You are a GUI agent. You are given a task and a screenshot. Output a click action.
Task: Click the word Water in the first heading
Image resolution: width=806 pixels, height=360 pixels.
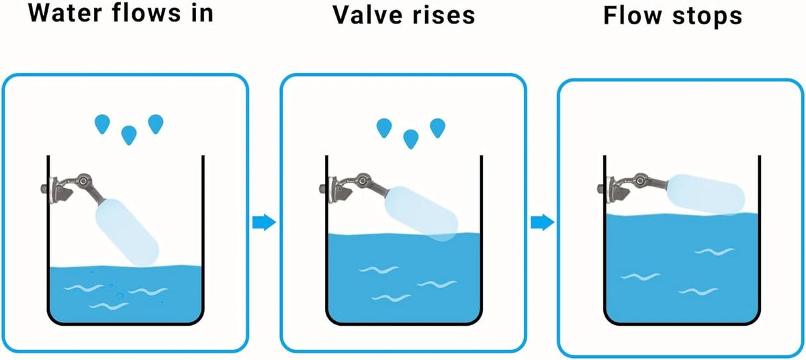[64, 13]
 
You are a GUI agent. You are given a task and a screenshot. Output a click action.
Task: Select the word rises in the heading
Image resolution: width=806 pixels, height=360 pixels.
[444, 15]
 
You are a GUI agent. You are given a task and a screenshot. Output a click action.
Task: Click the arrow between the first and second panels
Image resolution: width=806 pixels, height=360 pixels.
[264, 222]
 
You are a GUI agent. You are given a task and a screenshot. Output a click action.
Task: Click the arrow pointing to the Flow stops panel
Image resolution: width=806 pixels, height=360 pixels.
[543, 222]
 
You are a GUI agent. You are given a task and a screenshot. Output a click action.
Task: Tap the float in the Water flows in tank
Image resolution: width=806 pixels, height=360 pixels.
[127, 232]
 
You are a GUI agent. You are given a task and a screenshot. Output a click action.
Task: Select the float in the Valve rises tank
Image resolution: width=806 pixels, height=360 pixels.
[421, 214]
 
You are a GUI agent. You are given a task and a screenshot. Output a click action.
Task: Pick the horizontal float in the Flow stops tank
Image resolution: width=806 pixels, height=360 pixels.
[706, 194]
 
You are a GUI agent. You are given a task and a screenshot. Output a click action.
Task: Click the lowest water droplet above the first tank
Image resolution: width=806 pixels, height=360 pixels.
[129, 135]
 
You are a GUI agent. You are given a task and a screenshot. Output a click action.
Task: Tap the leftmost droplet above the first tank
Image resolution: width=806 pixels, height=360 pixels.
[102, 124]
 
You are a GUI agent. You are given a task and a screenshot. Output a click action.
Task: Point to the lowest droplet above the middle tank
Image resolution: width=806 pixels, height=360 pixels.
[411, 139]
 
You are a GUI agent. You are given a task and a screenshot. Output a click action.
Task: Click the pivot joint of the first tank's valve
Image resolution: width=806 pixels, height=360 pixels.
[83, 181]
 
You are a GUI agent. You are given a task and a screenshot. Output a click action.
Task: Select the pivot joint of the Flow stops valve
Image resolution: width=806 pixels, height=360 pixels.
[639, 180]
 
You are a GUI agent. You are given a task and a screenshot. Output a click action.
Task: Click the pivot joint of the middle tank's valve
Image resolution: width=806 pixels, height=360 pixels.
[361, 180]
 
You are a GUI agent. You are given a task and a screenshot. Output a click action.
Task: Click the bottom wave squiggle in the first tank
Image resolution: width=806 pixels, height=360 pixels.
[109, 306]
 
